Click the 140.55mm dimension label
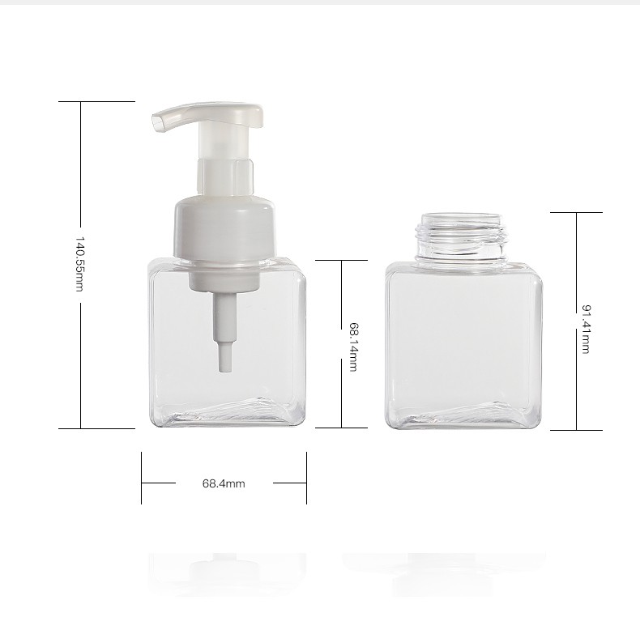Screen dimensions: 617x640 tap(80, 265)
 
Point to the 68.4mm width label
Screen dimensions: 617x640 tap(224, 483)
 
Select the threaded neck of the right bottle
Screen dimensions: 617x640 tap(463, 238)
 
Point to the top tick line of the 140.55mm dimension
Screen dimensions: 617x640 tap(96, 102)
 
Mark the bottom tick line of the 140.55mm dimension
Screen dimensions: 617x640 tap(96, 428)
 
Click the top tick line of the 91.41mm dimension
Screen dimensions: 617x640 tap(576, 212)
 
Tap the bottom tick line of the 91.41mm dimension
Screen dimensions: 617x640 tap(576, 430)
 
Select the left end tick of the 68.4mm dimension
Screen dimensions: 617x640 tap(142, 478)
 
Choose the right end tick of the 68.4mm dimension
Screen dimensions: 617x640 tap(306, 478)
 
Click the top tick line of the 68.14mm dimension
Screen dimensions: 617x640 tap(341, 260)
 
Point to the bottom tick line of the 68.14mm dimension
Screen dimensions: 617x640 tap(341, 427)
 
